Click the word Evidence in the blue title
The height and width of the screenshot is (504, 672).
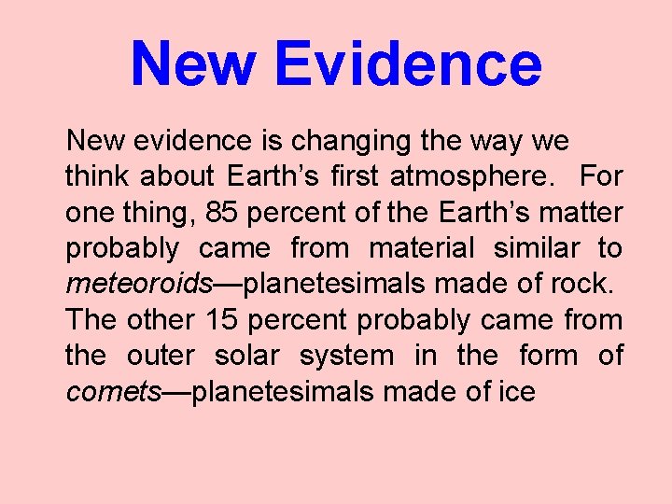pyautogui.click(x=409, y=63)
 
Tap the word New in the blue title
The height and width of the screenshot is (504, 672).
pyautogui.click(x=193, y=63)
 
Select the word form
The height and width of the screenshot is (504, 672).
pyautogui.click(x=541, y=356)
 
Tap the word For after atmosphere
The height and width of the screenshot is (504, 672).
pyautogui.click(x=601, y=176)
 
